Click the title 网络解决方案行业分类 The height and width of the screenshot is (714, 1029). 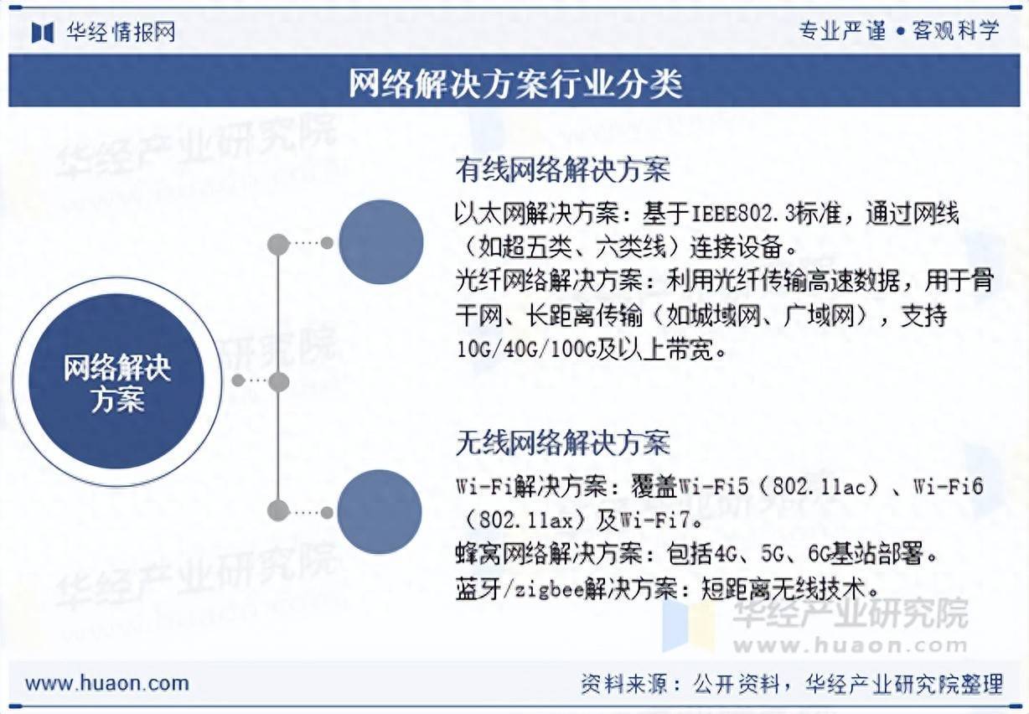514,83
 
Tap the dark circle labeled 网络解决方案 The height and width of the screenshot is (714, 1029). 116,382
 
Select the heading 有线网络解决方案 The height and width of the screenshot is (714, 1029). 562,171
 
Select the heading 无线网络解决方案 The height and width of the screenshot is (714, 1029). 562,442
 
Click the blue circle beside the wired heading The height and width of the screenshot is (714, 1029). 380,242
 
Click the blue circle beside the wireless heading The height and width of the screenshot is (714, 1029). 379,512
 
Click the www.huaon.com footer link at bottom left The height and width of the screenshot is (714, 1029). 106,683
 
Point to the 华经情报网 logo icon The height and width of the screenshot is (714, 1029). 43,32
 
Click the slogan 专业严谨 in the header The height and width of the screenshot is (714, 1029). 841,31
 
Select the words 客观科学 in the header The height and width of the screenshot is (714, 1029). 956,31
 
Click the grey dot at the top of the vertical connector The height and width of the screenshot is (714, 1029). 278,244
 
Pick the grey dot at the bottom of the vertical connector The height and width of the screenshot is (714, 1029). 278,510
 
